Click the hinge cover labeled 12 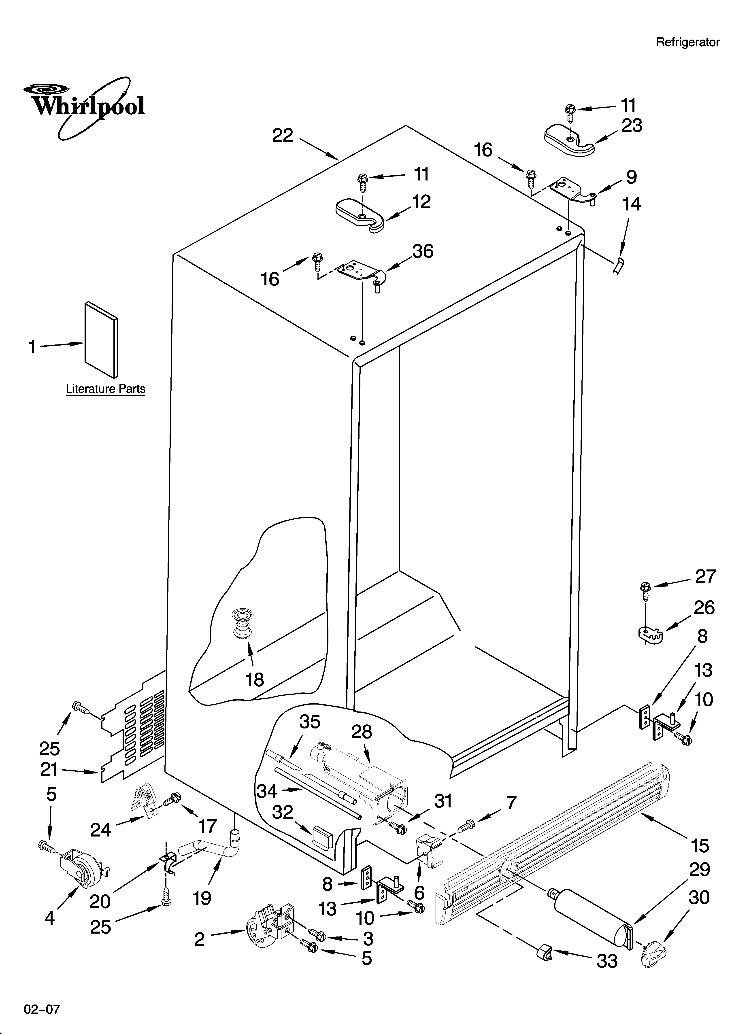(360, 214)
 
